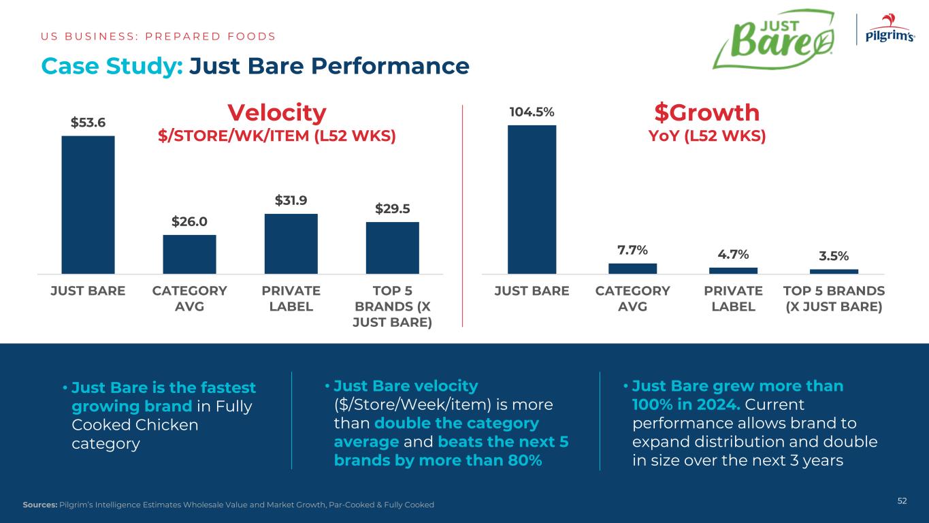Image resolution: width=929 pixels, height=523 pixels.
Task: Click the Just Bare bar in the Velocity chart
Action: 88,204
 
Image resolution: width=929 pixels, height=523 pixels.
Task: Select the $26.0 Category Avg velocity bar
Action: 189,254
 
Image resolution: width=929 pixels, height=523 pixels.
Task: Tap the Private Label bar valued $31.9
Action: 291,243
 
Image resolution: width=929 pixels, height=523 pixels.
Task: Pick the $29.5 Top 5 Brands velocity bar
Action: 392,247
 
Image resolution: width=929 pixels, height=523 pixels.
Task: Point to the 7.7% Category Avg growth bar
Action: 632,268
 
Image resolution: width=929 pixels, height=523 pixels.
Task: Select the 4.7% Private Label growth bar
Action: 733,270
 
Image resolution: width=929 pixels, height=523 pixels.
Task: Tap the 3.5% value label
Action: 834,256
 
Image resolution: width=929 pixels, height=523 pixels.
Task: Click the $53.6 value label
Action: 88,123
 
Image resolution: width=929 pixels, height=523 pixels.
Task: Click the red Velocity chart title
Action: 276,112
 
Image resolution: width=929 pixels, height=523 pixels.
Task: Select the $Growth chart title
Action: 706,112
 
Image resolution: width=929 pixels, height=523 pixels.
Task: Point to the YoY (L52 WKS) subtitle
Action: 706,136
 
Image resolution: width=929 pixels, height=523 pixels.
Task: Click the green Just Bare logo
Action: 773,39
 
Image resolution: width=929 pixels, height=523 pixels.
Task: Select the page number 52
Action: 902,501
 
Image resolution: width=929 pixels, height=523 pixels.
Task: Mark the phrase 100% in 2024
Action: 685,405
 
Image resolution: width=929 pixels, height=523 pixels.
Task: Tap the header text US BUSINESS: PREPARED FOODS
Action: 158,36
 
